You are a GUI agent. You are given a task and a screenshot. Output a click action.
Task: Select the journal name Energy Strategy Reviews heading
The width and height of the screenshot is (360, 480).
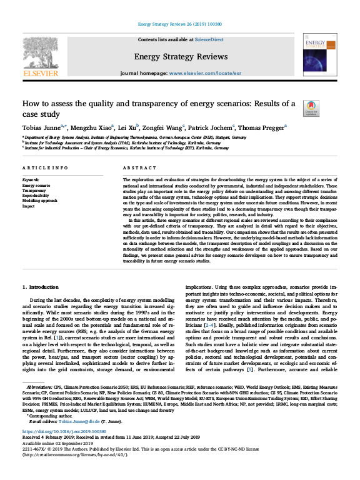point(180,57)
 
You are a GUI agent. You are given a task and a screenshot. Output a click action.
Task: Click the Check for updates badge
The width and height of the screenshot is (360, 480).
point(309,107)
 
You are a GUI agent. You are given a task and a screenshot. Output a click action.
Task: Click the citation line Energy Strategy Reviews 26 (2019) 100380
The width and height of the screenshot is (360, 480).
point(180,23)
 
